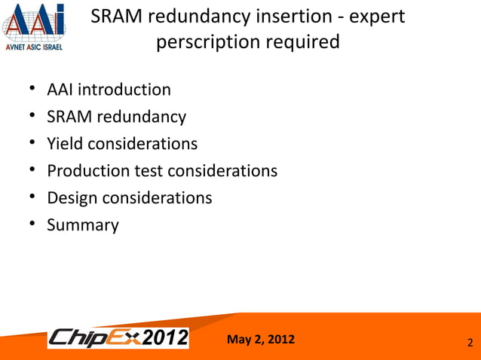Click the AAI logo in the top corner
[x=34, y=22]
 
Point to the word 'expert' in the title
[x=378, y=16]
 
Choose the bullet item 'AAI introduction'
[x=109, y=90]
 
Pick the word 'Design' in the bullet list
[x=72, y=197]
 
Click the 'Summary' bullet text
[x=83, y=224]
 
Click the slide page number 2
[x=470, y=343]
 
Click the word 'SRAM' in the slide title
[x=116, y=16]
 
